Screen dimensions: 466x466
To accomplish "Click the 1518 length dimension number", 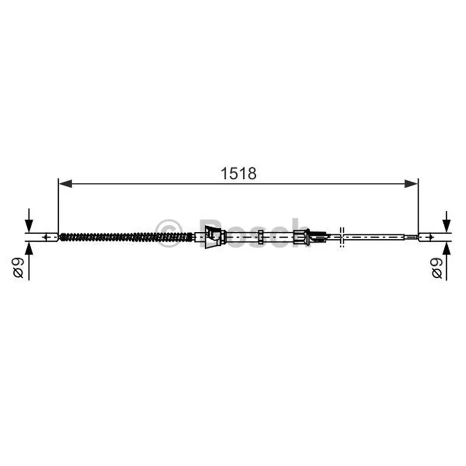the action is (x=238, y=174).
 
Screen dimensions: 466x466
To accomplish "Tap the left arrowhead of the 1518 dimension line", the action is (x=66, y=183).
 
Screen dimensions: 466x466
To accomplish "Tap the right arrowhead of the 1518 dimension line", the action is (x=411, y=183).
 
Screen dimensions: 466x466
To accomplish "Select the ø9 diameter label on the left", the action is (x=19, y=267).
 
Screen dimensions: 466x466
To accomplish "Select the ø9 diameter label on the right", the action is (x=437, y=267).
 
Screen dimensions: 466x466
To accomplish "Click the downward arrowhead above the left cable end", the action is (x=29, y=225).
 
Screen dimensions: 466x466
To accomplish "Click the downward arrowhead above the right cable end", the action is (x=447, y=225).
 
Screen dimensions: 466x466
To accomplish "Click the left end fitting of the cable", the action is (x=52, y=237).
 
